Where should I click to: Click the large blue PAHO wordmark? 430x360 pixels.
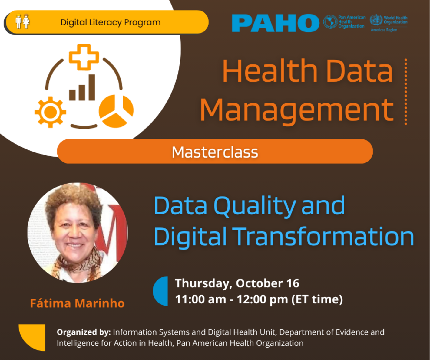coord(275,23)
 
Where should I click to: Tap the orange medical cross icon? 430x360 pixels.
coord(84,57)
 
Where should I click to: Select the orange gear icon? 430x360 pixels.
coord(50,112)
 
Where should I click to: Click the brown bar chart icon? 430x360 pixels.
coord(82,89)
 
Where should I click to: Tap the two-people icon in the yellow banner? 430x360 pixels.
coord(22,21)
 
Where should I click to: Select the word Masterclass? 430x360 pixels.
coord(215,152)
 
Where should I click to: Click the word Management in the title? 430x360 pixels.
coord(296,110)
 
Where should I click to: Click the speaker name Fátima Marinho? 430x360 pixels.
coord(77,303)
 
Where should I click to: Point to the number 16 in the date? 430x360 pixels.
coord(293,283)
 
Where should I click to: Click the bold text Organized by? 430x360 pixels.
coord(84,332)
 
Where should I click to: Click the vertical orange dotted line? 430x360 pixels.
coord(406,92)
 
